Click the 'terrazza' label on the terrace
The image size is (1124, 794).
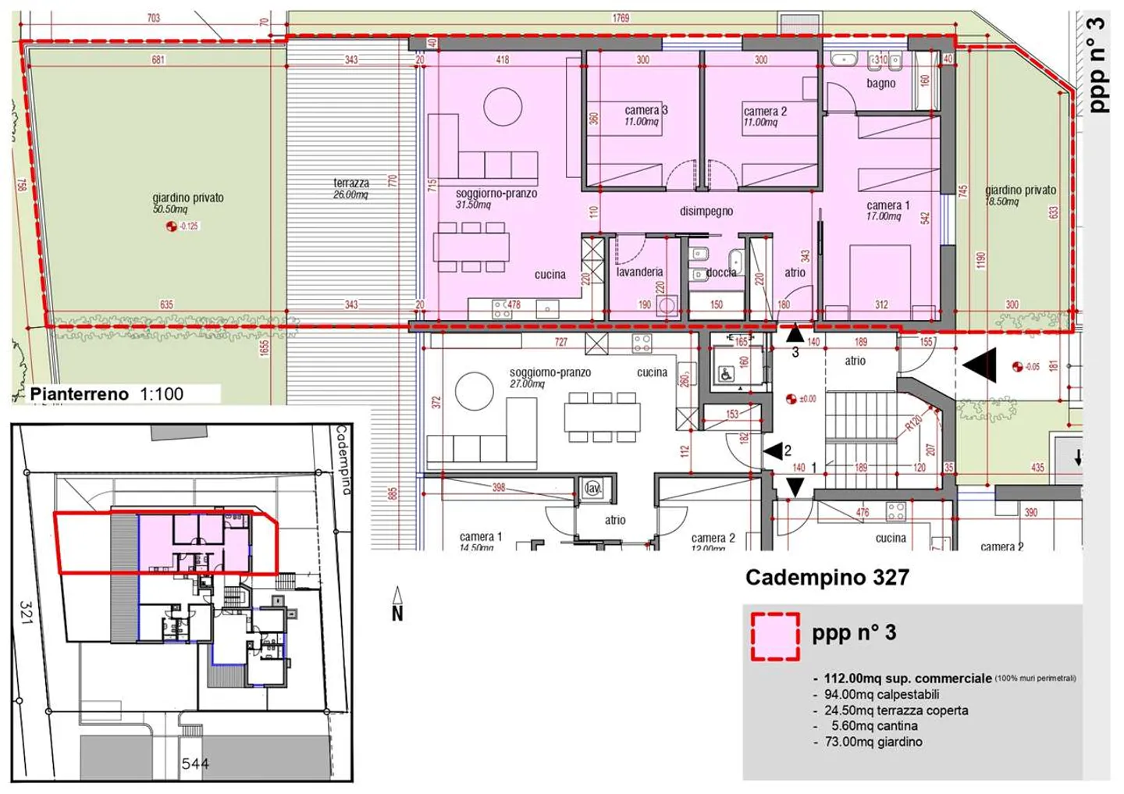[351, 183]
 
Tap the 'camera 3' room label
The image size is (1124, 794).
[646, 111]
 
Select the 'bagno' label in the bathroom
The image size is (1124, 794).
[880, 84]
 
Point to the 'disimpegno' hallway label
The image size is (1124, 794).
[706, 211]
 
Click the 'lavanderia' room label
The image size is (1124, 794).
[639, 272]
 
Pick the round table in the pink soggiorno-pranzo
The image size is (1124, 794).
[503, 107]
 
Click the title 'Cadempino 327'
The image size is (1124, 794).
[827, 578]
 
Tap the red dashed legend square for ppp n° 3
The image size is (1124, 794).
[774, 636]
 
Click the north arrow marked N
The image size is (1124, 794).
[397, 606]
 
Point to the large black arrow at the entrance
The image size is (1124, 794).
[980, 365]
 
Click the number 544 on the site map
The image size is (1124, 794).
[195, 764]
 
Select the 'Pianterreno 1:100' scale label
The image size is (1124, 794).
[107, 394]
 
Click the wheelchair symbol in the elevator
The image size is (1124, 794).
[726, 375]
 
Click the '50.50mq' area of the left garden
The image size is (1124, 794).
[170, 209]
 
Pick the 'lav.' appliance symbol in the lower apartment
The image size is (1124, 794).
[592, 489]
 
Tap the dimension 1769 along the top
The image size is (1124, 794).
[621, 17]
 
